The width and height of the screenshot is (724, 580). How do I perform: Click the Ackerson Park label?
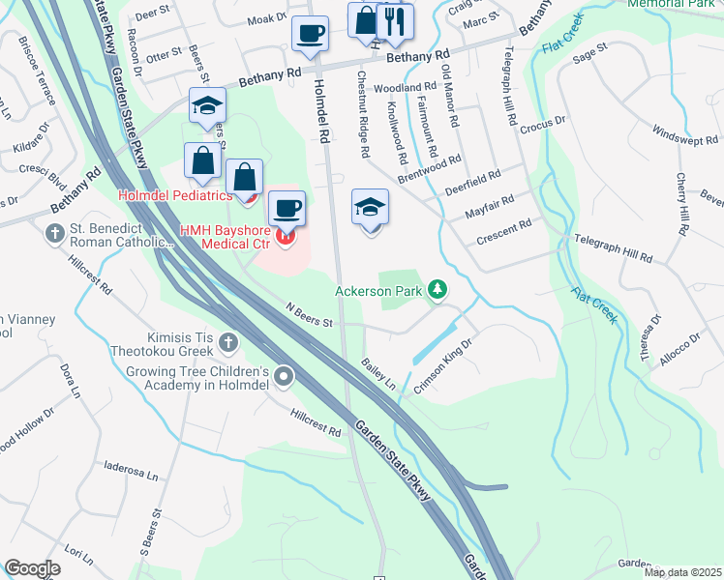tap(379, 290)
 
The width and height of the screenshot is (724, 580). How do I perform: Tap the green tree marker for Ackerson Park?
tap(438, 289)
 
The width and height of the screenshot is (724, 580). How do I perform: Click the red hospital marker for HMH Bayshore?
tap(286, 234)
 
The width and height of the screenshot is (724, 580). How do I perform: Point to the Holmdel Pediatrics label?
tap(175, 194)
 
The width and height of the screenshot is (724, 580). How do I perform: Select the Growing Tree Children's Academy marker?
tap(284, 376)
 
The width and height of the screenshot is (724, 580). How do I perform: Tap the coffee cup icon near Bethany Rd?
tap(310, 34)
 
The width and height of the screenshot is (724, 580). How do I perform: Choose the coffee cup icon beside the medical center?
tap(285, 207)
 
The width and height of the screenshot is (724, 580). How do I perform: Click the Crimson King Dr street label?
tap(442, 365)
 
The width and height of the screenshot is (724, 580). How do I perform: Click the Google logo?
tap(32, 568)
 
